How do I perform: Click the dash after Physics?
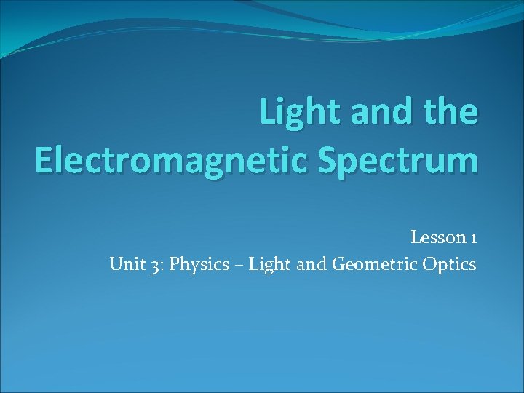tap(237, 264)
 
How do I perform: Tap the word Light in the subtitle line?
tap(269, 264)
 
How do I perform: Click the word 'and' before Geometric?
tap(311, 263)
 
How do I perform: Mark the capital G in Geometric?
tap(338, 263)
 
